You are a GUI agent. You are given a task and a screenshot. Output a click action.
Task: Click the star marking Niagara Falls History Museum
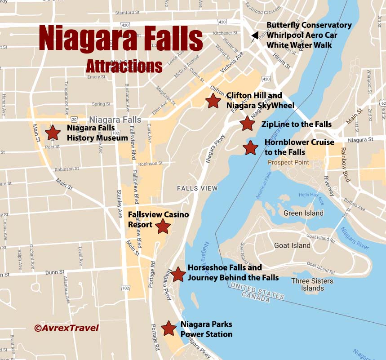53,133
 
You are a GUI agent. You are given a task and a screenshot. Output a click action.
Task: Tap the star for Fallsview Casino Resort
163,227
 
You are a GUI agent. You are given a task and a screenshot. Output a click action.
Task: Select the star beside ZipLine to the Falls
247,124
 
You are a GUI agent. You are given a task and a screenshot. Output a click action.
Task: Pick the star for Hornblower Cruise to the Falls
250,147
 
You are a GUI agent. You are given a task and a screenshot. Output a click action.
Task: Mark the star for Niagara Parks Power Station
169,329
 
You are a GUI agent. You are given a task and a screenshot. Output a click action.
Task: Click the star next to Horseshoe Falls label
178,274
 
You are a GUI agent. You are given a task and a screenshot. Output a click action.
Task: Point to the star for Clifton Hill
213,101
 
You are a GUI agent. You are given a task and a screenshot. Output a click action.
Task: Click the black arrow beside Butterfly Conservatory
255,36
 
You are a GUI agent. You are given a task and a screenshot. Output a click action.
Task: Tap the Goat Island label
292,245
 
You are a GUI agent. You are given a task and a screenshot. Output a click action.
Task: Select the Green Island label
303,213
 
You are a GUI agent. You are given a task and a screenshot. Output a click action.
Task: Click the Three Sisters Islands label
312,284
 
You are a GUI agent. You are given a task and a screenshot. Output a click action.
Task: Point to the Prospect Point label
288,162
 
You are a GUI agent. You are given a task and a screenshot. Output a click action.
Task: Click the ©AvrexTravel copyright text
66,328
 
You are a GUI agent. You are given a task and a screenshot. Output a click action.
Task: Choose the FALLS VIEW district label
197,188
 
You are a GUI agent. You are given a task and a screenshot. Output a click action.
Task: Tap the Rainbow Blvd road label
346,164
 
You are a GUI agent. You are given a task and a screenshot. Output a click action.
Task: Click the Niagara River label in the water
355,234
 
